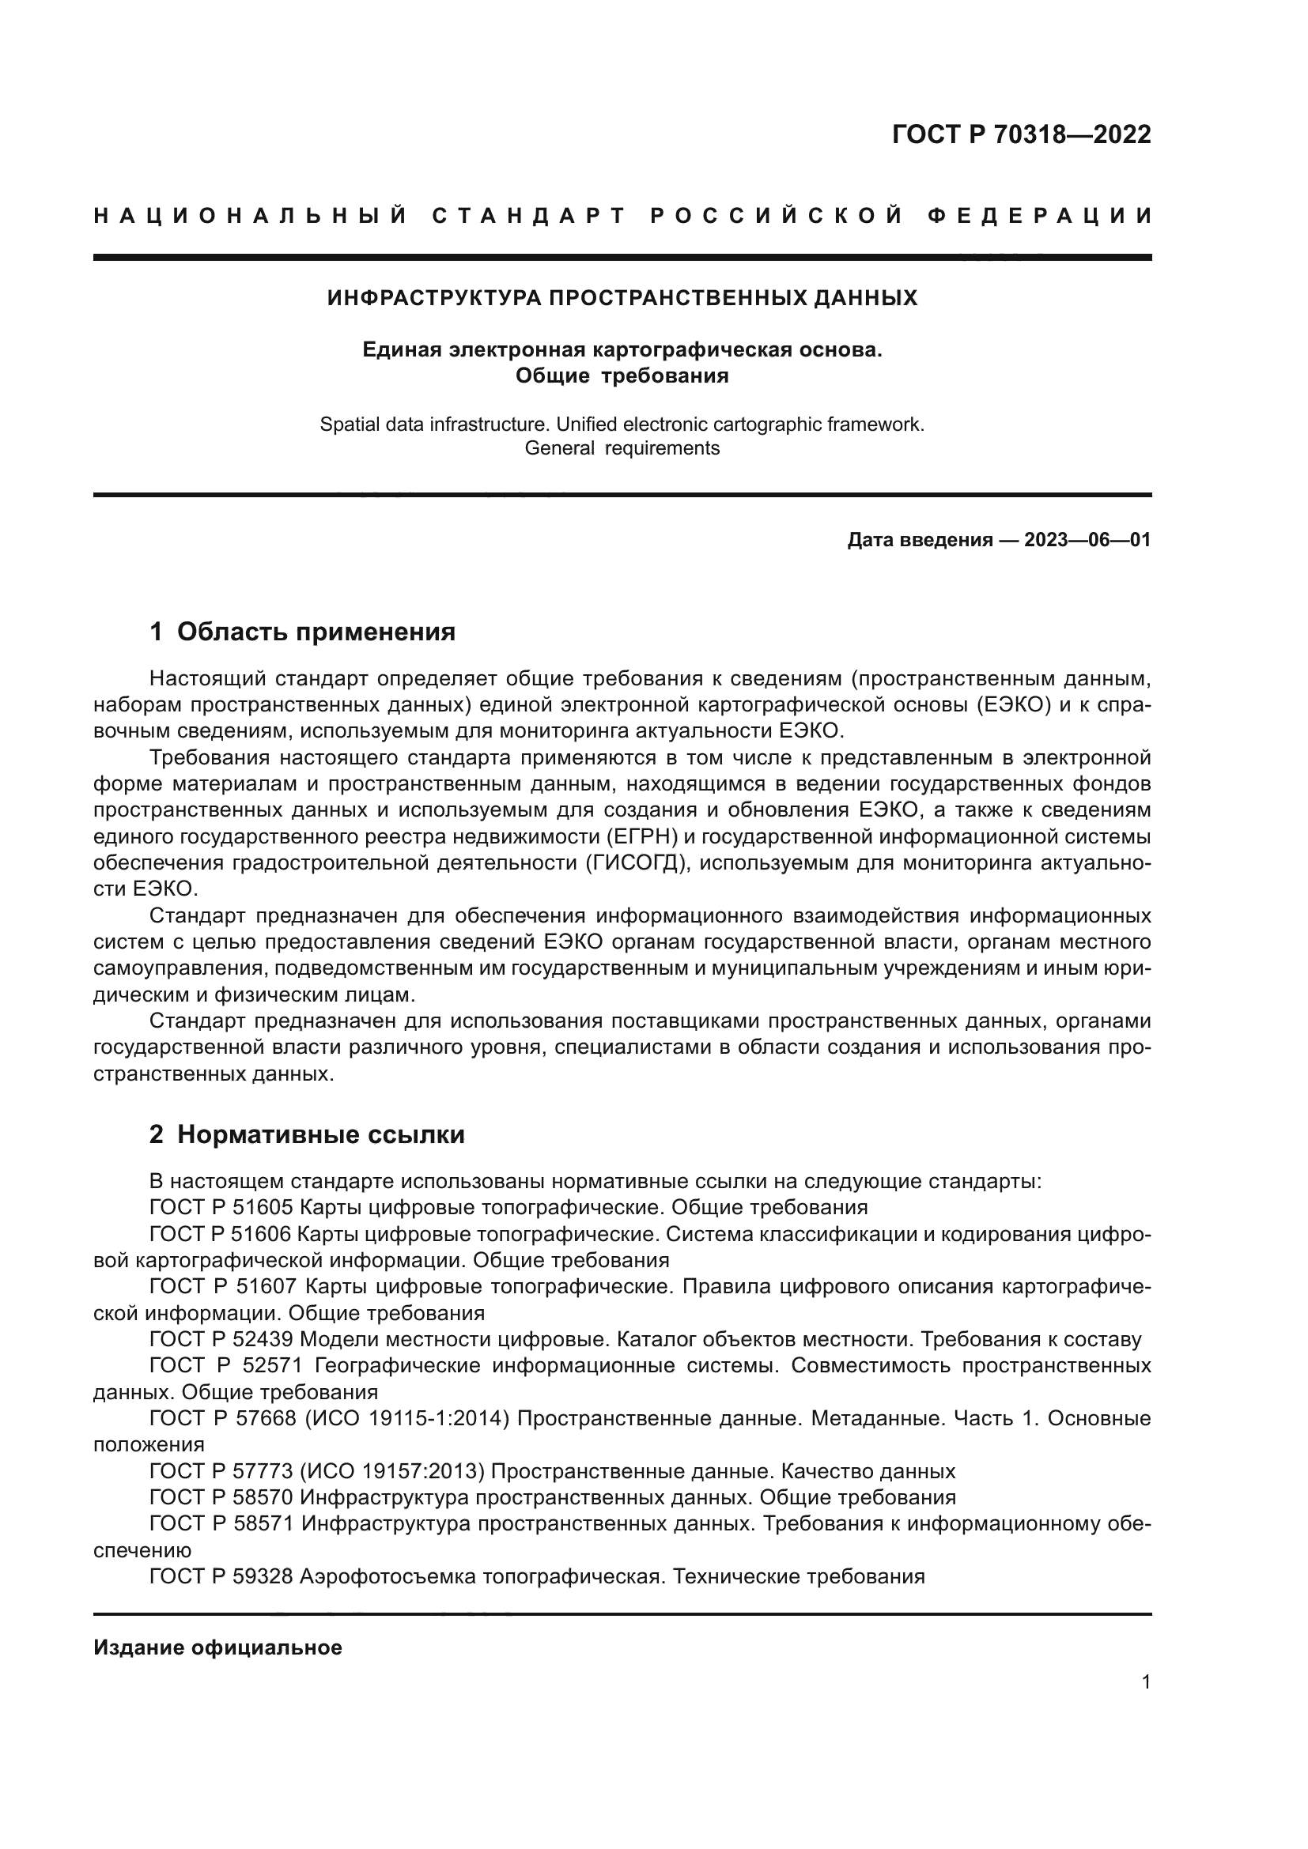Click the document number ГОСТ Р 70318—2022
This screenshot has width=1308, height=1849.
pos(1021,134)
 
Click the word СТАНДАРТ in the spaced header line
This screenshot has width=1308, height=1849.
pos(529,216)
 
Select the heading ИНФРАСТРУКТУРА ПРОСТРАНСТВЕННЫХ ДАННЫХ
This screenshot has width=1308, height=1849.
pos(622,299)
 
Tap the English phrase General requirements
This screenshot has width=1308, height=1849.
pos(622,448)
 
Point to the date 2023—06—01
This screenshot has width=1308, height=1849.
pos(1087,541)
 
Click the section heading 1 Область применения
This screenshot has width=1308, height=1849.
pos(303,632)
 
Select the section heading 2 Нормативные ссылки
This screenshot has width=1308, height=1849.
pos(307,1134)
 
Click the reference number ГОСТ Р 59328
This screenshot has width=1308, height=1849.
pos(221,1577)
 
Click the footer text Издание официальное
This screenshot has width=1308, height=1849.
pos(217,1647)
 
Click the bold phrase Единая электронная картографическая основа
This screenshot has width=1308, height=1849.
pos(622,349)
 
